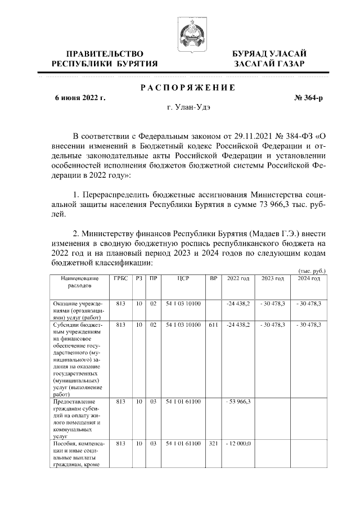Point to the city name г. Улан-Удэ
188,107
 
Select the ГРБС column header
120,278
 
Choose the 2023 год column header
273,278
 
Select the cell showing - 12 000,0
238,444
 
